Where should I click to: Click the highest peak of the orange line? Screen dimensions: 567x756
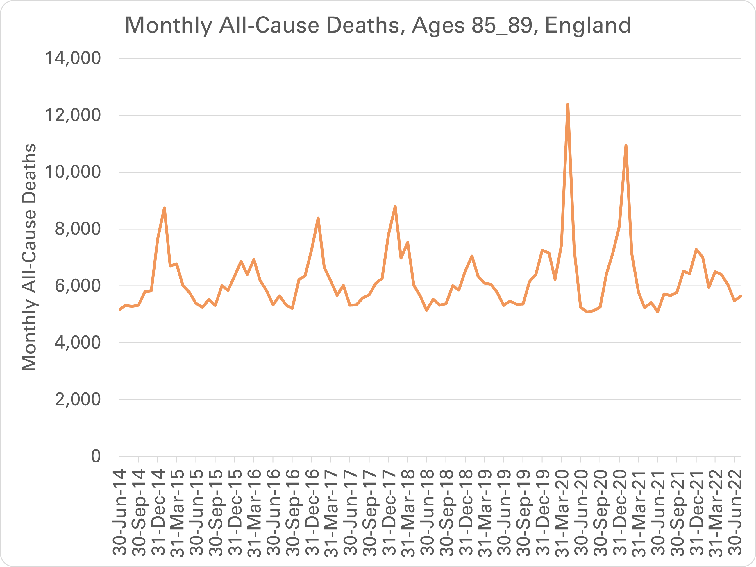click(x=568, y=105)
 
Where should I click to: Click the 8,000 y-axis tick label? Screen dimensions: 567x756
click(x=78, y=229)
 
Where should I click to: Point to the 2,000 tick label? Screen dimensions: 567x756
click(x=78, y=399)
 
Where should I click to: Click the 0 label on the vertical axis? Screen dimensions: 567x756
click(x=96, y=456)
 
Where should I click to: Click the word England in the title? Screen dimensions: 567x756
click(x=587, y=25)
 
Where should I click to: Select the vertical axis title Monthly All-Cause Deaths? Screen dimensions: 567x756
click(x=29, y=257)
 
